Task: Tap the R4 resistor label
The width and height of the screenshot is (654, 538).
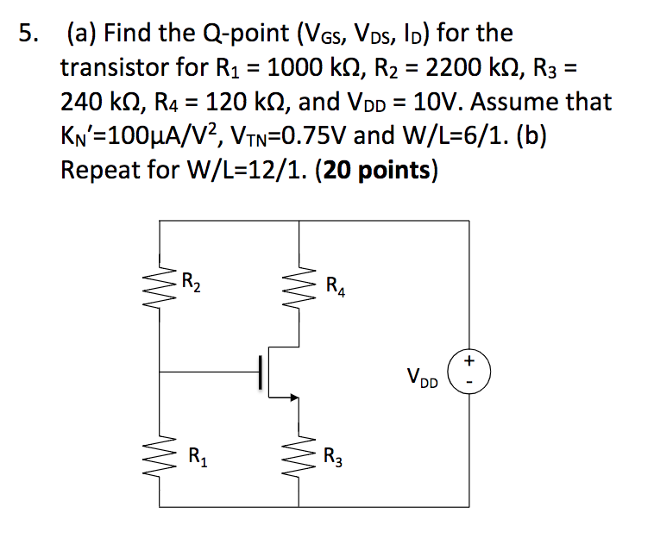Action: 336,285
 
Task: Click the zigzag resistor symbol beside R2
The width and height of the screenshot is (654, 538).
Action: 161,281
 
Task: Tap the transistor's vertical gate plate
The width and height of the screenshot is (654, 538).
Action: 261,373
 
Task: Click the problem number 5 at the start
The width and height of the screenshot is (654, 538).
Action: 28,34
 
